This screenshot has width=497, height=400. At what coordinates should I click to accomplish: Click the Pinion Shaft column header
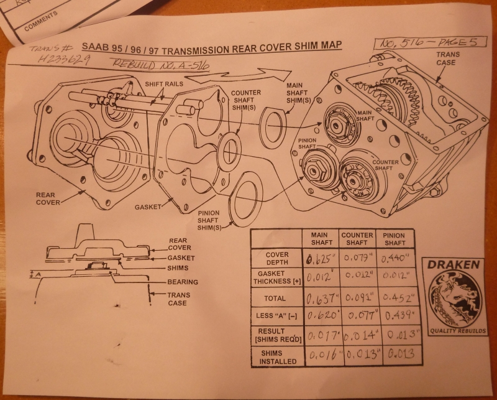[394, 239]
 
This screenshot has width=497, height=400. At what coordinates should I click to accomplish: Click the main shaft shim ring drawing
[271, 128]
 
